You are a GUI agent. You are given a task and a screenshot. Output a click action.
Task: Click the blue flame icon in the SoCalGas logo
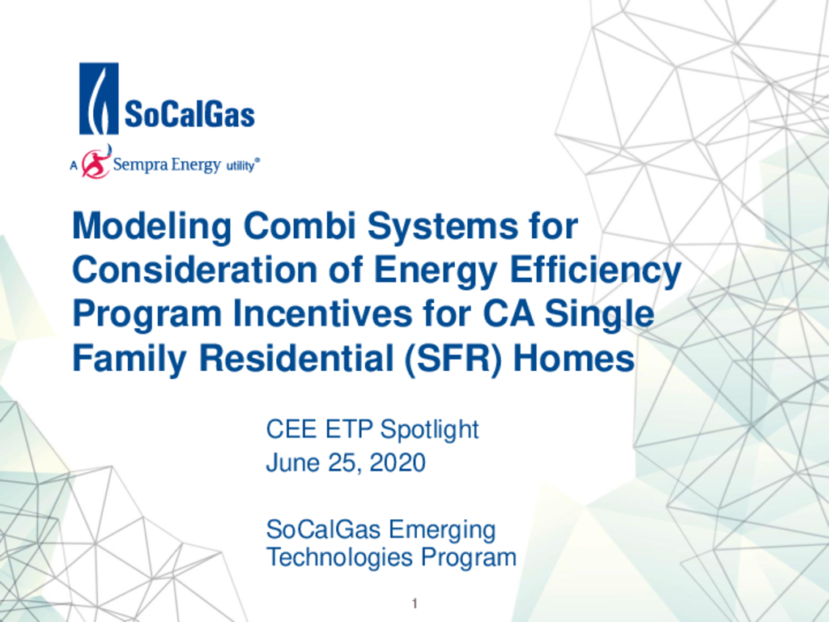click(x=99, y=98)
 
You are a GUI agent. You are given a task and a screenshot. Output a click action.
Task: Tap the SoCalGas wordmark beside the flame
click(x=189, y=114)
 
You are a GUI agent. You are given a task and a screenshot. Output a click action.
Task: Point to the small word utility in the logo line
click(x=240, y=165)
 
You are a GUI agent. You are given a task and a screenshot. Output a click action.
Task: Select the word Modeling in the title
click(x=151, y=227)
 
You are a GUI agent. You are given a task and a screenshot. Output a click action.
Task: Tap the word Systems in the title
click(x=443, y=227)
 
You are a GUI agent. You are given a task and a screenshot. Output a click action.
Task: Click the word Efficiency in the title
click(x=595, y=271)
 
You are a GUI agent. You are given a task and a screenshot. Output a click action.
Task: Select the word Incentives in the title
click(x=322, y=313)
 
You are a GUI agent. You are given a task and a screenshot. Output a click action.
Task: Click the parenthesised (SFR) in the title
click(x=453, y=359)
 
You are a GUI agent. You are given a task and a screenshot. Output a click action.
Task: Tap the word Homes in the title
click(x=574, y=358)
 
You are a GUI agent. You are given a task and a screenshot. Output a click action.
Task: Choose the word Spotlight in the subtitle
click(x=429, y=429)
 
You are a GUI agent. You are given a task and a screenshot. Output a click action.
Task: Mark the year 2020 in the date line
click(x=397, y=462)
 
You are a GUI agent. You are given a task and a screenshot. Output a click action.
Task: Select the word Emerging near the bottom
click(x=442, y=530)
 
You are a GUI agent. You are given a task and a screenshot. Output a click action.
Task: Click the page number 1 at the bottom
click(x=414, y=603)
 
